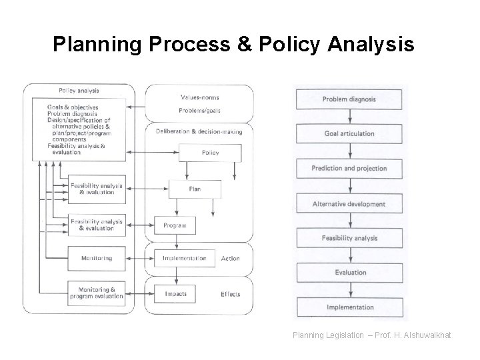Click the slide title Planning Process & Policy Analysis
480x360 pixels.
point(233,45)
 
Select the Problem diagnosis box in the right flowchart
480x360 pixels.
point(349,99)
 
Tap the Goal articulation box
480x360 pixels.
point(349,134)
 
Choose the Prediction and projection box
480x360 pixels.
point(349,169)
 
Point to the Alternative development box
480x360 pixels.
point(349,204)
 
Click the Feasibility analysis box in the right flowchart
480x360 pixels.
point(349,239)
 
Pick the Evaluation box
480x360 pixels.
point(349,273)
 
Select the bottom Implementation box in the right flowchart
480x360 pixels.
point(349,307)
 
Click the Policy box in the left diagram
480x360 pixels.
point(211,153)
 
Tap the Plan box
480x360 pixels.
point(194,189)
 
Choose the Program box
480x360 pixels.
point(175,225)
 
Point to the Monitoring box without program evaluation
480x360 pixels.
point(96,258)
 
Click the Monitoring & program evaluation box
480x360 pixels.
point(96,293)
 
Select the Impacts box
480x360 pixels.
point(175,293)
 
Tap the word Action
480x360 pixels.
point(230,259)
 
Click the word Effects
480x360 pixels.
point(231,294)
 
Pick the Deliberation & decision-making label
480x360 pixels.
point(199,131)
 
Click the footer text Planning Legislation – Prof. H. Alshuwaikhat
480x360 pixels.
point(371,335)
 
